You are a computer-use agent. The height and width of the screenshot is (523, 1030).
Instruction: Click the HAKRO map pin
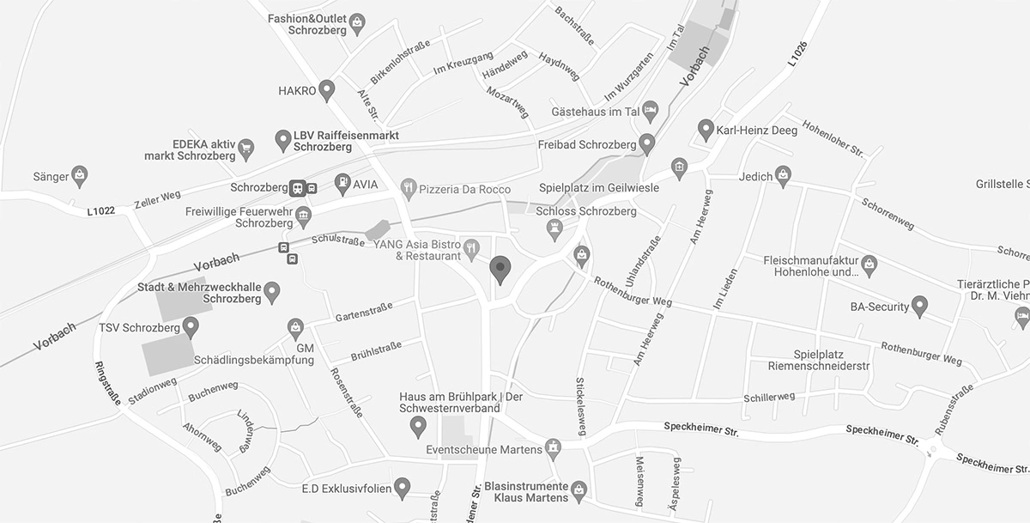click(x=326, y=88)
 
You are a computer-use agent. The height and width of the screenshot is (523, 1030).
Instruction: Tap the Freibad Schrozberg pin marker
click(x=646, y=142)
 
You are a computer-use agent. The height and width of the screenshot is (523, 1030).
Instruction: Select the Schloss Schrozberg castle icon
click(x=555, y=228)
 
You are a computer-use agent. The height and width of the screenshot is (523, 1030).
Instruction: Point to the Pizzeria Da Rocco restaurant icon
click(x=408, y=186)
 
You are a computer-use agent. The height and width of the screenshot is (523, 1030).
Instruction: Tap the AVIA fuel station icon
click(x=342, y=182)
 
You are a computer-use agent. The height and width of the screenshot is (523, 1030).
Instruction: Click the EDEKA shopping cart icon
click(x=246, y=148)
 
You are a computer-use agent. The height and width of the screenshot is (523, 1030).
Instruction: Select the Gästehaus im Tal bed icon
click(x=651, y=110)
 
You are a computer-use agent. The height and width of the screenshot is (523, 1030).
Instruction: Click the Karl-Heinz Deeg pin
click(x=706, y=129)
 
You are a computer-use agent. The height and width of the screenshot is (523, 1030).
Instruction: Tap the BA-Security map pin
click(x=919, y=305)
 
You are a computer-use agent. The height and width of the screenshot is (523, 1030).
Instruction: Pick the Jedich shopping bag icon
click(x=782, y=175)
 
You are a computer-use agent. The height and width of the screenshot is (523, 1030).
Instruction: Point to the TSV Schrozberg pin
click(x=191, y=325)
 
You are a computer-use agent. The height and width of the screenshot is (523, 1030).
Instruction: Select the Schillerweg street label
click(x=770, y=397)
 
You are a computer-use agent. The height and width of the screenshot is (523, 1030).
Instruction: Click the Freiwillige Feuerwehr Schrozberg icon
click(x=302, y=215)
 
